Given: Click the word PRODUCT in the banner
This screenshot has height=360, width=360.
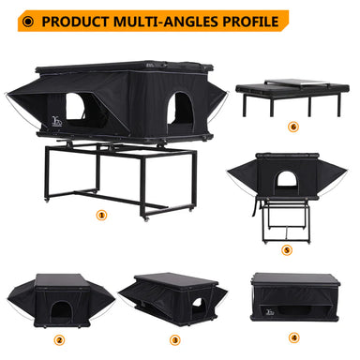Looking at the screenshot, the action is tap(75, 22).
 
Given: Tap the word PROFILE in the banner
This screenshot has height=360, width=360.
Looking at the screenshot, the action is tap(250, 22).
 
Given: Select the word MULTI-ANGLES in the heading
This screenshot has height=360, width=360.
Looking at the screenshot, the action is tap(166, 22).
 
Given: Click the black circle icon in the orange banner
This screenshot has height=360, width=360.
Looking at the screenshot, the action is tap(28, 22).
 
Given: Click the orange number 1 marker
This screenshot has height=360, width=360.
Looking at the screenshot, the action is tap(101, 215).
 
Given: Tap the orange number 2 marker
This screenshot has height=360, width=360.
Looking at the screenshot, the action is tap(59, 339).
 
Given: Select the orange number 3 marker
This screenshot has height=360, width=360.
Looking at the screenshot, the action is tap(175, 339).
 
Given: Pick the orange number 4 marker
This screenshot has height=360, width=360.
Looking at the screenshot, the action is tap(293, 337).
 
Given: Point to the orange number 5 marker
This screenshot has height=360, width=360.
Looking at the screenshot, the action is tap(287, 250).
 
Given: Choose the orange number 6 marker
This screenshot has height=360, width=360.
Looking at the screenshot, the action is tap(293, 127).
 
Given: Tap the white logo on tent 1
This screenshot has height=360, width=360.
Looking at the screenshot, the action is tap(57, 121).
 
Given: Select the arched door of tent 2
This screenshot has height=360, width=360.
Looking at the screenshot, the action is tap(61, 311).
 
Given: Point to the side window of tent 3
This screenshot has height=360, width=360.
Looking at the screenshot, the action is tap(197, 303).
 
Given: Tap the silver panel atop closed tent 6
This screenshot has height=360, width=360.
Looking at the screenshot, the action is tap(297, 82).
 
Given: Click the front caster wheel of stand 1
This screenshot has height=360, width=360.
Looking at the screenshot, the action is tap(146, 218).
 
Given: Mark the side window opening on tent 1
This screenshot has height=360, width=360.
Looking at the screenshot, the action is tap(75, 106).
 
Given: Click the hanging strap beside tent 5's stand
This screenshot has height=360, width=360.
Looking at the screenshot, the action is tap(255, 207).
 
